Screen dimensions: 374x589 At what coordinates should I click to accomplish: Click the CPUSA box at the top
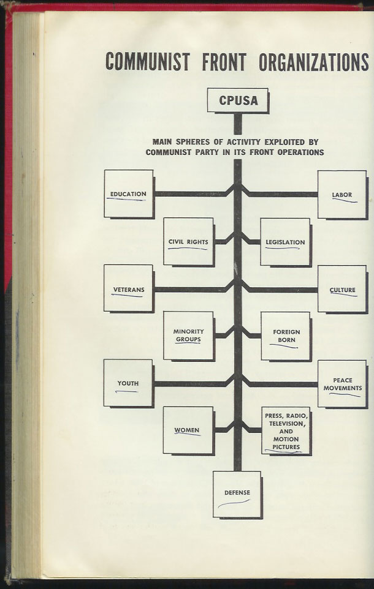238,100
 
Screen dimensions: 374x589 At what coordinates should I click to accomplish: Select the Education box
129,194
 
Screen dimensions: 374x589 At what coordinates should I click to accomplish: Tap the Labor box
342,195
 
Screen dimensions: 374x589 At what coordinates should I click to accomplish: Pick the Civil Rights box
188,242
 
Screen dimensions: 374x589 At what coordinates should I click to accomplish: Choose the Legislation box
286,242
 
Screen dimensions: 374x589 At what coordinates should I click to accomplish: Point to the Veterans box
129,288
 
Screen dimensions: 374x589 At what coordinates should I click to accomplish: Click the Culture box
342,289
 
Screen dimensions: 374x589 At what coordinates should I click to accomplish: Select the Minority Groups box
188,336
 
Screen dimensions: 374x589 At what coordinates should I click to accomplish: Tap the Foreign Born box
286,336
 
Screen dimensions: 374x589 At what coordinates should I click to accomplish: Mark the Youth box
129,383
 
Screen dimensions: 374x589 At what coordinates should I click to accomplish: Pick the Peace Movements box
342,384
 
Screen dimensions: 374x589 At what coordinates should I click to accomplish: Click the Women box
188,430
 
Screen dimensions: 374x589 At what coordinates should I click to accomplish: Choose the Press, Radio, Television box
286,431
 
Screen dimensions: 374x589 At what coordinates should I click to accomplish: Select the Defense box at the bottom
237,495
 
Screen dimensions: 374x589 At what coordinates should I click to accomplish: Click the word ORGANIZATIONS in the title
313,62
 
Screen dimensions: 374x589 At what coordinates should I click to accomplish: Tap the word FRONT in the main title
224,62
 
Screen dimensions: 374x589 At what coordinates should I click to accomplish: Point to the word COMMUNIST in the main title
148,62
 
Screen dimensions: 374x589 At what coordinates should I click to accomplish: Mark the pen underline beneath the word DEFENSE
234,503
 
